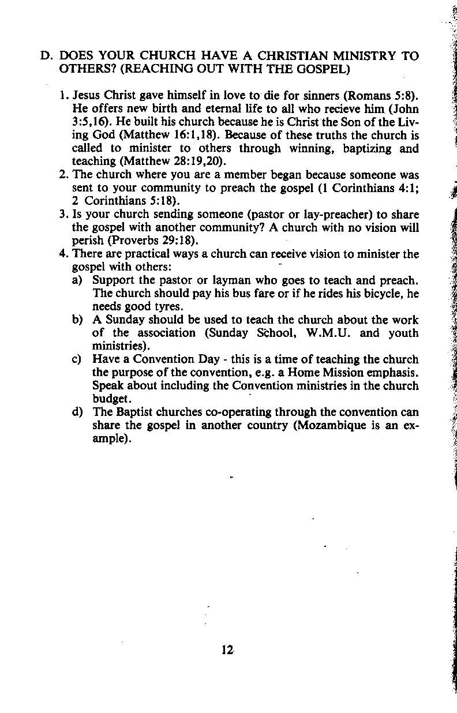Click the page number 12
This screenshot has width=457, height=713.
226,650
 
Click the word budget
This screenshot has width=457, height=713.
111,399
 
